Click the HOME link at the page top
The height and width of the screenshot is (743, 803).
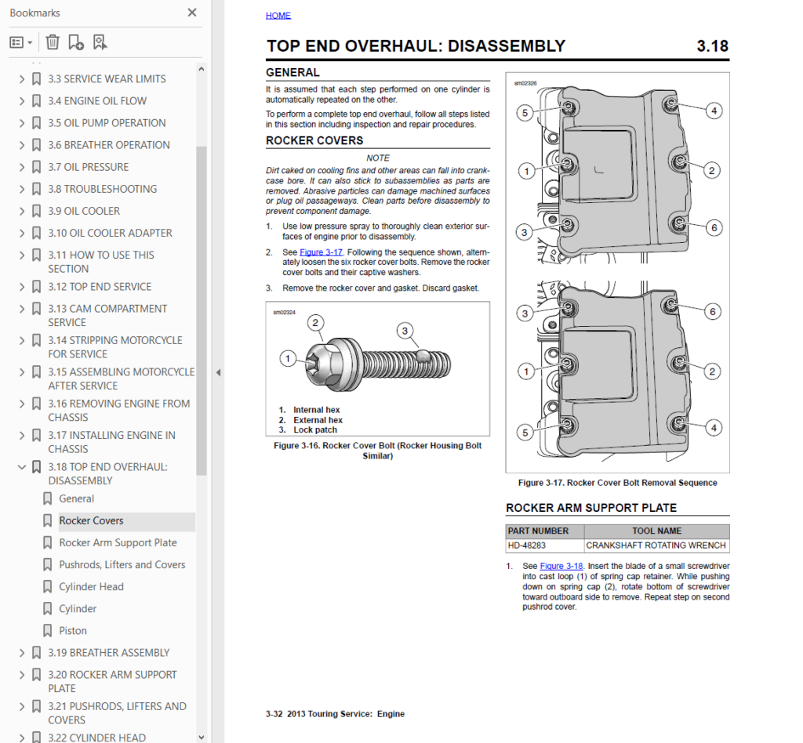pyautogui.click(x=278, y=16)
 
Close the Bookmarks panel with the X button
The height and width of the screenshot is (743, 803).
pyautogui.click(x=192, y=13)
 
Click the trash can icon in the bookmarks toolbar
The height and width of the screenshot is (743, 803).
pyautogui.click(x=53, y=42)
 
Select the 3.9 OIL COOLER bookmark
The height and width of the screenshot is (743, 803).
pyautogui.click(x=84, y=211)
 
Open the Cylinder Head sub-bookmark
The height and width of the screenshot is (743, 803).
pyautogui.click(x=91, y=586)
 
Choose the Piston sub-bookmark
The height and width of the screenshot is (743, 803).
pyautogui.click(x=73, y=630)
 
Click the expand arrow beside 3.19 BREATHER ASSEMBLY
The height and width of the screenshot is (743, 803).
pyautogui.click(x=21, y=653)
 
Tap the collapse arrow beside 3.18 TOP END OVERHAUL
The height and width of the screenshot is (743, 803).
pyautogui.click(x=21, y=466)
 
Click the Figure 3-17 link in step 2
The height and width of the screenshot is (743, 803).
pyautogui.click(x=321, y=252)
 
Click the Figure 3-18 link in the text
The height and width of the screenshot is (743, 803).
pyautogui.click(x=561, y=566)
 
